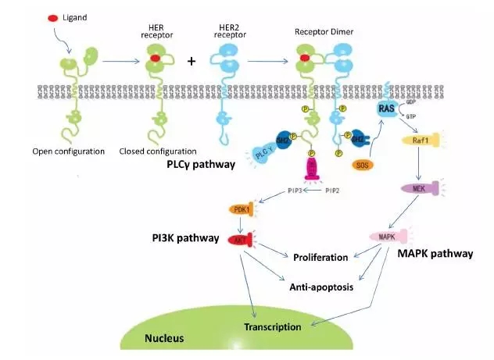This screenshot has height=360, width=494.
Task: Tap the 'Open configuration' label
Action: (x=70, y=151)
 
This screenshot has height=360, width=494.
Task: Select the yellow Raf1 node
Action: (x=417, y=141)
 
